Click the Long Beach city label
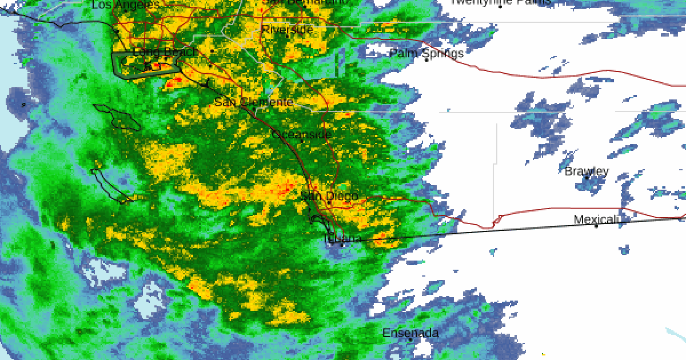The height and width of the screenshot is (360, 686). (165, 52)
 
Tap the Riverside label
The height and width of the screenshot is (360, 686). (288, 29)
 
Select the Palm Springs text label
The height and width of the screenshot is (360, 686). (426, 53)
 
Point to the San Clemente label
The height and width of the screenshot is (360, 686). (254, 102)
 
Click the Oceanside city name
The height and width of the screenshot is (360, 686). (302, 134)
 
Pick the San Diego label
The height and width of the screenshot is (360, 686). (329, 196)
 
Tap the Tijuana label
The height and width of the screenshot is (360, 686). (342, 238)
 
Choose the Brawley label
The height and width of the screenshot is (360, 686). (587, 171)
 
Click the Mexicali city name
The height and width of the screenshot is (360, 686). (596, 219)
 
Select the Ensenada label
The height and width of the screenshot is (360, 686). (410, 333)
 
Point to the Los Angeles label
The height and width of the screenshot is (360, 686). (126, 5)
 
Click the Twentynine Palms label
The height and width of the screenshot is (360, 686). (501, 2)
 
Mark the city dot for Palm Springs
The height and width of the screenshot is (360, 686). (426, 59)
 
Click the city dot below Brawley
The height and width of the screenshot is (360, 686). (587, 178)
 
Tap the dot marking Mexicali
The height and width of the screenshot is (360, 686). (596, 226)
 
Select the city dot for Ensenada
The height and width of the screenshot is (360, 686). (410, 339)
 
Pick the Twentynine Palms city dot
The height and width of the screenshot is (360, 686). (501, 6)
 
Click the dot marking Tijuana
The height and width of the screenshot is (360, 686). (342, 245)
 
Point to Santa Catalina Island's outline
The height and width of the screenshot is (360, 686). (117, 116)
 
